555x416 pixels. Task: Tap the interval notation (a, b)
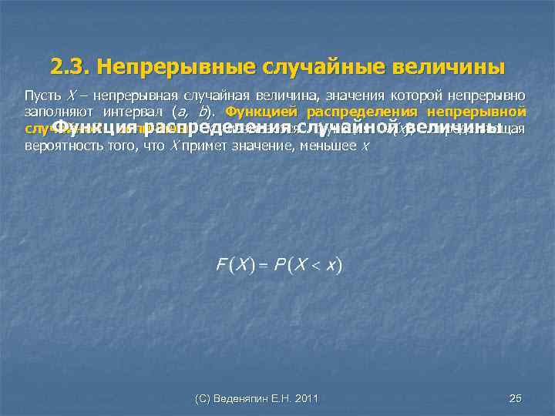pyautogui.click(x=186, y=111)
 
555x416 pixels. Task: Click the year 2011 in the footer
pyautogui.click(x=304, y=398)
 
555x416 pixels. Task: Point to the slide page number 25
pyautogui.click(x=516, y=398)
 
